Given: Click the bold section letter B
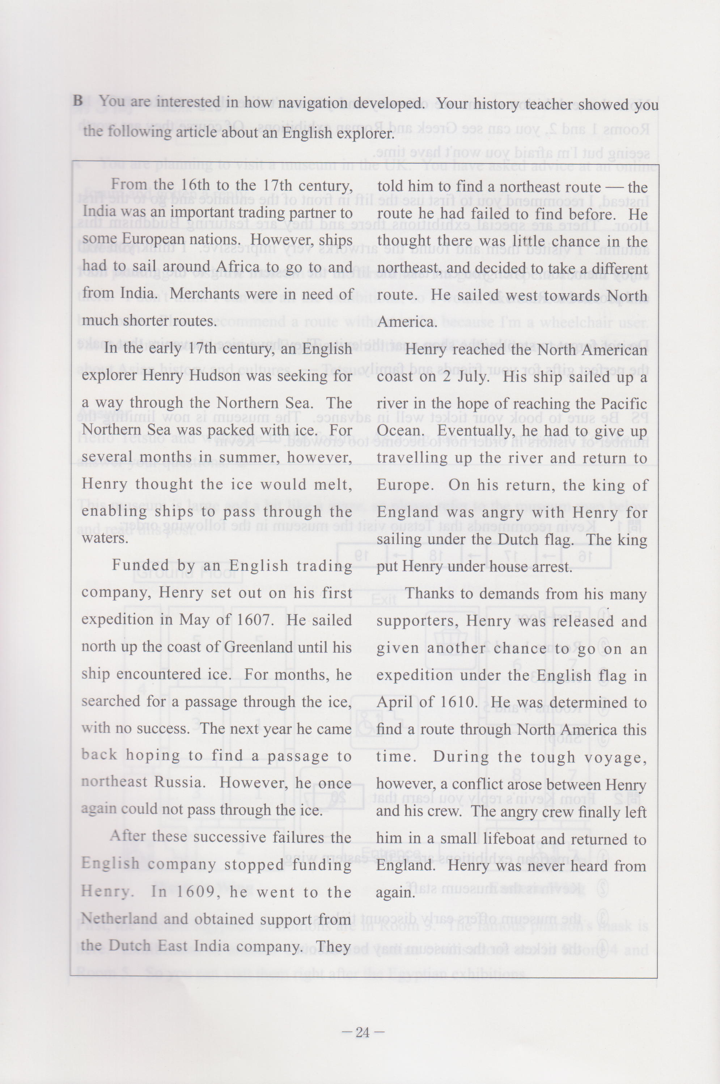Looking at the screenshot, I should [78, 101].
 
